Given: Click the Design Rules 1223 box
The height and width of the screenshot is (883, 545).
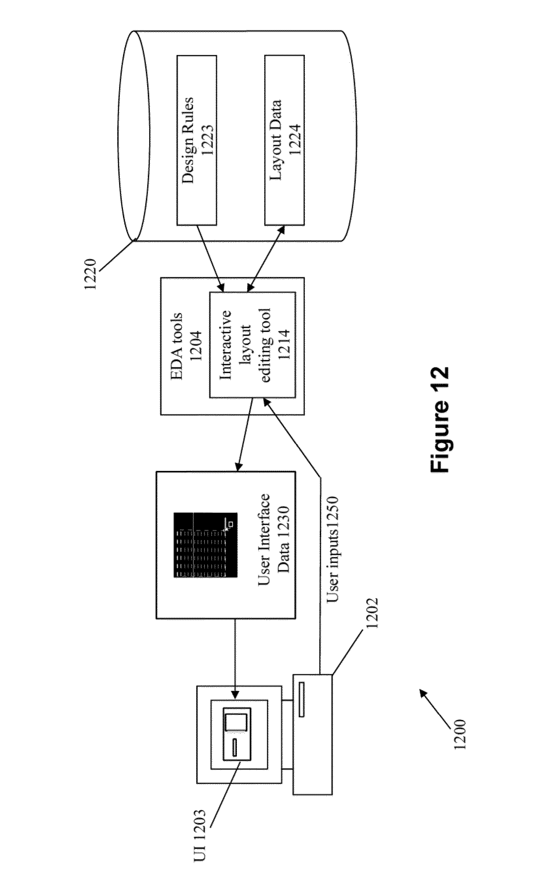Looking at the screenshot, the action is pyautogui.click(x=196, y=140).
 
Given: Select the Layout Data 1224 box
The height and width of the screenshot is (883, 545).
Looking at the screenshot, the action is pyautogui.click(x=284, y=140).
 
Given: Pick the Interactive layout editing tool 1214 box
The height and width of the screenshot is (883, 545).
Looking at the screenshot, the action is pyautogui.click(x=253, y=345).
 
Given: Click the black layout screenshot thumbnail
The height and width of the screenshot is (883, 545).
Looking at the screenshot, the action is pyautogui.click(x=206, y=545).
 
